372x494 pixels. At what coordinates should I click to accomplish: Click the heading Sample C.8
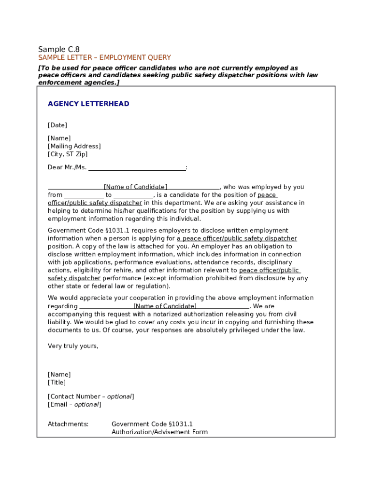(59, 49)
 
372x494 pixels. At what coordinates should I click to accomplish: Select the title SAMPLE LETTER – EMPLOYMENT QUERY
(104, 58)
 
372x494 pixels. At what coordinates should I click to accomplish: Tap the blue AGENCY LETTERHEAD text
(88, 104)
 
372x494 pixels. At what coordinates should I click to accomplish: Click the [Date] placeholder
(57, 125)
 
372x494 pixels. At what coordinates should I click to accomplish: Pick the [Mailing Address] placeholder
(74, 146)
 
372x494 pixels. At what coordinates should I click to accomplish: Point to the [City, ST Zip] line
(68, 154)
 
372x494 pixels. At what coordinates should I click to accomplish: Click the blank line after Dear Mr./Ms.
(137, 168)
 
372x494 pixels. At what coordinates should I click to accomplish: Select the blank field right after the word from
(84, 195)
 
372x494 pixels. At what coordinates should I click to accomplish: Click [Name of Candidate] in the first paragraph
(136, 187)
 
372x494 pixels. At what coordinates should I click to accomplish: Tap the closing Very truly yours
(73, 346)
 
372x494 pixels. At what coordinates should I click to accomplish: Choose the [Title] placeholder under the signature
(57, 383)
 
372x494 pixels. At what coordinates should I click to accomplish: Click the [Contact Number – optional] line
(91, 397)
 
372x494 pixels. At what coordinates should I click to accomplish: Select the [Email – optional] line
(74, 405)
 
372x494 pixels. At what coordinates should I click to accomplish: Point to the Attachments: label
(68, 424)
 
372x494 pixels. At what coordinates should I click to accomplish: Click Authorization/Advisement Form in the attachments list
(159, 432)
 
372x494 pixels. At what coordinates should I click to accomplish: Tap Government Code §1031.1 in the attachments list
(152, 424)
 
